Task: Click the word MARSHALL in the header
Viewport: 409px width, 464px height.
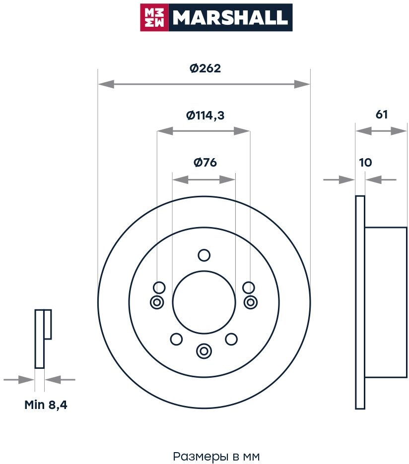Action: (230, 18)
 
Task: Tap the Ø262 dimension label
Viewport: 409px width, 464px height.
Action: (205, 69)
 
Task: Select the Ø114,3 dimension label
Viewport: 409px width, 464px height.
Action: (205, 116)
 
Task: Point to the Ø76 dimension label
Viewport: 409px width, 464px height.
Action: (205, 162)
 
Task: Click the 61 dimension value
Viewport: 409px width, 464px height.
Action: (381, 115)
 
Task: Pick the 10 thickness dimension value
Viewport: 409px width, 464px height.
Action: (365, 162)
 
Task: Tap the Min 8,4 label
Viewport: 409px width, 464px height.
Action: (46, 405)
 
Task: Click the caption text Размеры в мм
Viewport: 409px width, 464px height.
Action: (216, 456)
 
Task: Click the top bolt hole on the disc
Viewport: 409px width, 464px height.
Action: (204, 255)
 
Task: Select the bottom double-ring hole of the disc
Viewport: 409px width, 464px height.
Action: (204, 351)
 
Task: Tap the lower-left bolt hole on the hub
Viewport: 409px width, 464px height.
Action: (176, 340)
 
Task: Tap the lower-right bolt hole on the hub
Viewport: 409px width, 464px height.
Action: (231, 340)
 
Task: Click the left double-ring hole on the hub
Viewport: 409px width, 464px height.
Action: (157, 302)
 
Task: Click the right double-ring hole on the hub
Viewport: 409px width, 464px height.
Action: (251, 302)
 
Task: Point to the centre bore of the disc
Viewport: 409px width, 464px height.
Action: (204, 302)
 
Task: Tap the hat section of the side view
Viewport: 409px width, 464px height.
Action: (386, 302)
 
